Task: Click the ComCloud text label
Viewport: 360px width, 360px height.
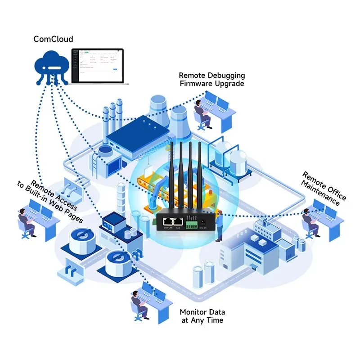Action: click(x=53, y=39)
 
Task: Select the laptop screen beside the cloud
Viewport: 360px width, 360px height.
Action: click(x=98, y=65)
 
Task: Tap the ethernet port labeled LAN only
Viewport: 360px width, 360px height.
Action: click(x=179, y=221)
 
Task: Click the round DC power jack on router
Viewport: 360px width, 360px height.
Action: click(x=203, y=221)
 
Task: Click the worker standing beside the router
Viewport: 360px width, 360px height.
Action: click(x=219, y=227)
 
